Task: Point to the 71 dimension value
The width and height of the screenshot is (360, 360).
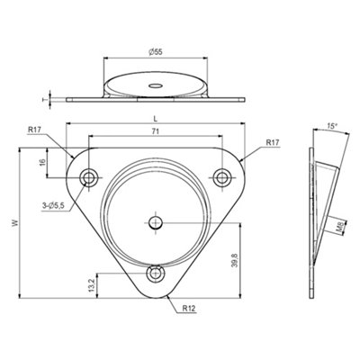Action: (156, 132)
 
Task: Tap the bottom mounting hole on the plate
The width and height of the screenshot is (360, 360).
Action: (156, 274)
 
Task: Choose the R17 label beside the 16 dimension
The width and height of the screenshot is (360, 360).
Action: (34, 130)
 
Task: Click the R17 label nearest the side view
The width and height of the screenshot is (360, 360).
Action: (274, 142)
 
